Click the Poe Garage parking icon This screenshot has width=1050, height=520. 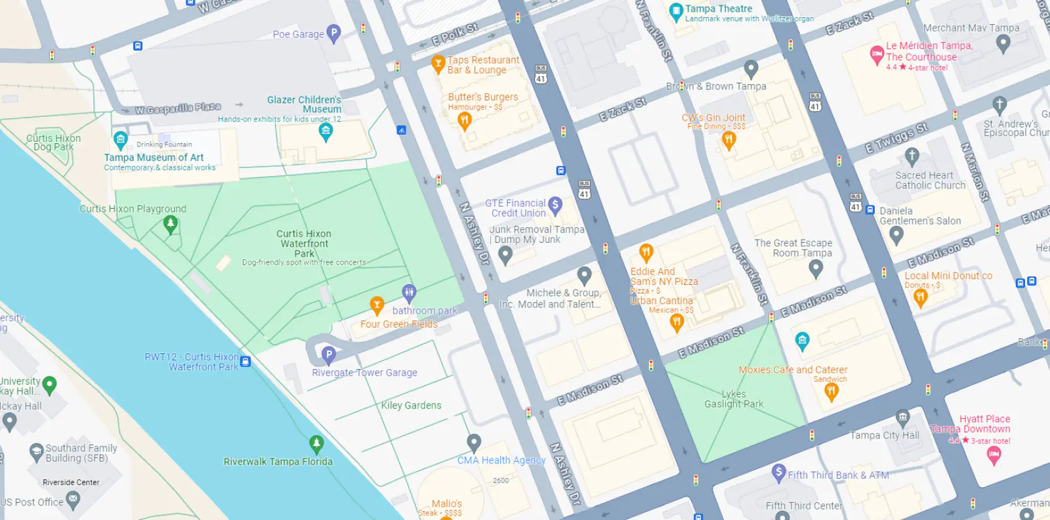click(x=333, y=33)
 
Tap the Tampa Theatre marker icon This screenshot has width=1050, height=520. click(x=675, y=11)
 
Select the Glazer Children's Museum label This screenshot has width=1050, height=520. click(x=304, y=104)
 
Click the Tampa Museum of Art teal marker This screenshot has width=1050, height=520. click(x=120, y=139)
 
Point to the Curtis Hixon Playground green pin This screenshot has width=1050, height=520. click(x=170, y=225)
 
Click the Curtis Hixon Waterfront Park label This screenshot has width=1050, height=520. click(x=304, y=244)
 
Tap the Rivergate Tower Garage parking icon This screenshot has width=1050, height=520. click(x=329, y=355)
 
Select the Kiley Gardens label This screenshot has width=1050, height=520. click(x=411, y=406)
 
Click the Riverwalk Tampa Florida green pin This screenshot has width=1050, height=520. click(x=316, y=444)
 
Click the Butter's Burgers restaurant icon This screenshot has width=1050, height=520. click(x=465, y=120)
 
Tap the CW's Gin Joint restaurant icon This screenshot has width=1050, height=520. click(x=728, y=139)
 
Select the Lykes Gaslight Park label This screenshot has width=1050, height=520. click(x=734, y=399)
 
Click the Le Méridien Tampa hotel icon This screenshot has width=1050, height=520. click(x=877, y=54)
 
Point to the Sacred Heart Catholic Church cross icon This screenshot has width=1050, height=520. click(x=912, y=156)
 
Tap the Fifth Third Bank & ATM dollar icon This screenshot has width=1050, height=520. click(x=778, y=471)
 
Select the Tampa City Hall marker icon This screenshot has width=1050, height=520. click(x=903, y=417)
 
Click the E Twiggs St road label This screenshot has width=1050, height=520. click(x=896, y=138)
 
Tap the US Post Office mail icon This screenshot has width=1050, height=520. click(x=73, y=500)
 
